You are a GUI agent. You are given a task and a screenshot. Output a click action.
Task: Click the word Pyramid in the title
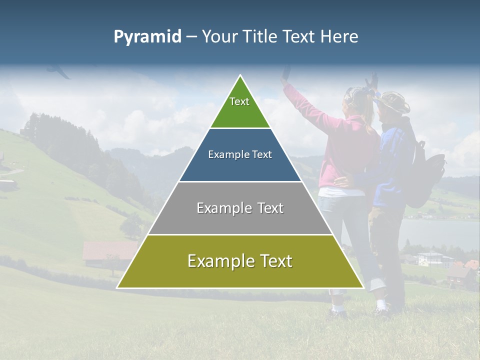[147, 37]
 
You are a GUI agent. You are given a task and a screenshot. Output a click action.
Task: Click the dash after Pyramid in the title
[191, 37]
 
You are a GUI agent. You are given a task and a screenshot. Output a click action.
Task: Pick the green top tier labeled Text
[240, 107]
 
